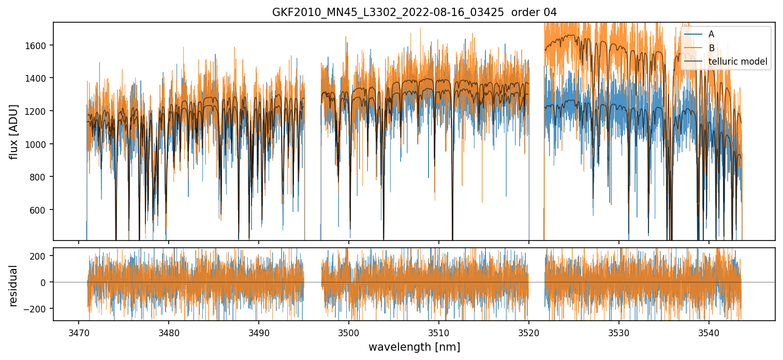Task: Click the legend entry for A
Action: [711, 34]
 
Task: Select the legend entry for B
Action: [711, 48]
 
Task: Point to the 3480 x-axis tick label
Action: [169, 331]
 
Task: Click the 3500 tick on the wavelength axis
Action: [349, 331]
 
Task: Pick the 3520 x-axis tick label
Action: [529, 331]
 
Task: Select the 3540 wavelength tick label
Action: [709, 331]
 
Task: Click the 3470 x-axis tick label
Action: [79, 331]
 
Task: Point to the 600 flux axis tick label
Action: [40, 210]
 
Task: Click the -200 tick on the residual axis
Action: [39, 309]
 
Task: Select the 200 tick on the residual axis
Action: [41, 256]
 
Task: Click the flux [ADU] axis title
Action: [14, 131]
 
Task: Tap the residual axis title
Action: [14, 285]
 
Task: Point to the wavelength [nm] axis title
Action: [414, 347]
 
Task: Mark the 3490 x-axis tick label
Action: [259, 331]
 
